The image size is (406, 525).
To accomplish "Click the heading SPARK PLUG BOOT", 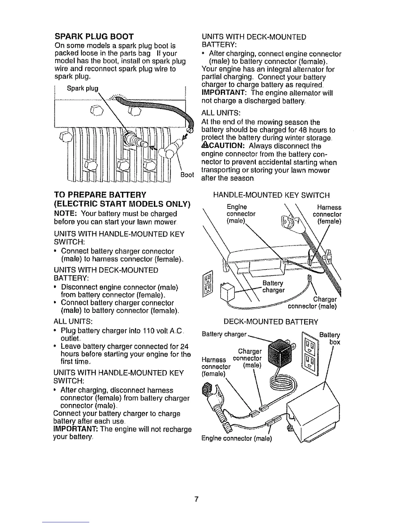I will (x=94, y=36).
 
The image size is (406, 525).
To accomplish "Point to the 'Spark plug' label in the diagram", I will (x=83, y=88).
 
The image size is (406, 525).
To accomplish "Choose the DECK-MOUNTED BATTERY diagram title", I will (x=271, y=321).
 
